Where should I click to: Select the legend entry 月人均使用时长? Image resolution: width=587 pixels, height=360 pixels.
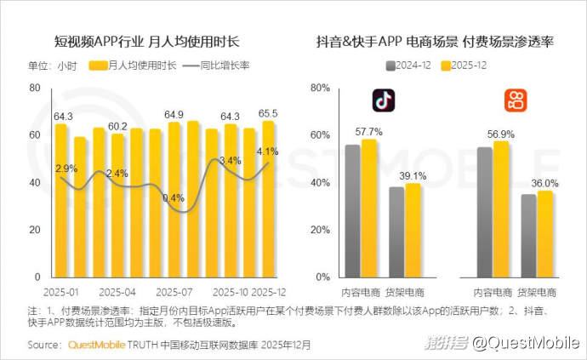coord(134,66)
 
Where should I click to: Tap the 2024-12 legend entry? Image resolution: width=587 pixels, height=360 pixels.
coord(413,66)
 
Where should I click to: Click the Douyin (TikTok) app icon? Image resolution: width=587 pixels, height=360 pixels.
coord(384,100)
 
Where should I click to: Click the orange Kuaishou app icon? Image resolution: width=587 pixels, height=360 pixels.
coord(515,100)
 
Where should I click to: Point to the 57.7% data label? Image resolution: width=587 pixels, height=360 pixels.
coord(368,131)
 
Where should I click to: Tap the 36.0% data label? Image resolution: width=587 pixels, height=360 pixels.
coord(545,183)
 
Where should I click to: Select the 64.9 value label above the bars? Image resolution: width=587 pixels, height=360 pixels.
coord(174,114)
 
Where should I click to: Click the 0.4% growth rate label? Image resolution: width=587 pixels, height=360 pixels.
coord(173,198)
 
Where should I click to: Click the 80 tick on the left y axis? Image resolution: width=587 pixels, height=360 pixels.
coord(35,88)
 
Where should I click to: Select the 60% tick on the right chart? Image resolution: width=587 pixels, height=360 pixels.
coord(319,135)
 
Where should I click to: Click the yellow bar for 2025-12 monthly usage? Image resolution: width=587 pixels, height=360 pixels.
coord(269,199)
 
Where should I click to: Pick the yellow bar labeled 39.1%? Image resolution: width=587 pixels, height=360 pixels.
coord(413,230)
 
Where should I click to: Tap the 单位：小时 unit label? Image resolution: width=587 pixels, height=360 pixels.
coord(53,66)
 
